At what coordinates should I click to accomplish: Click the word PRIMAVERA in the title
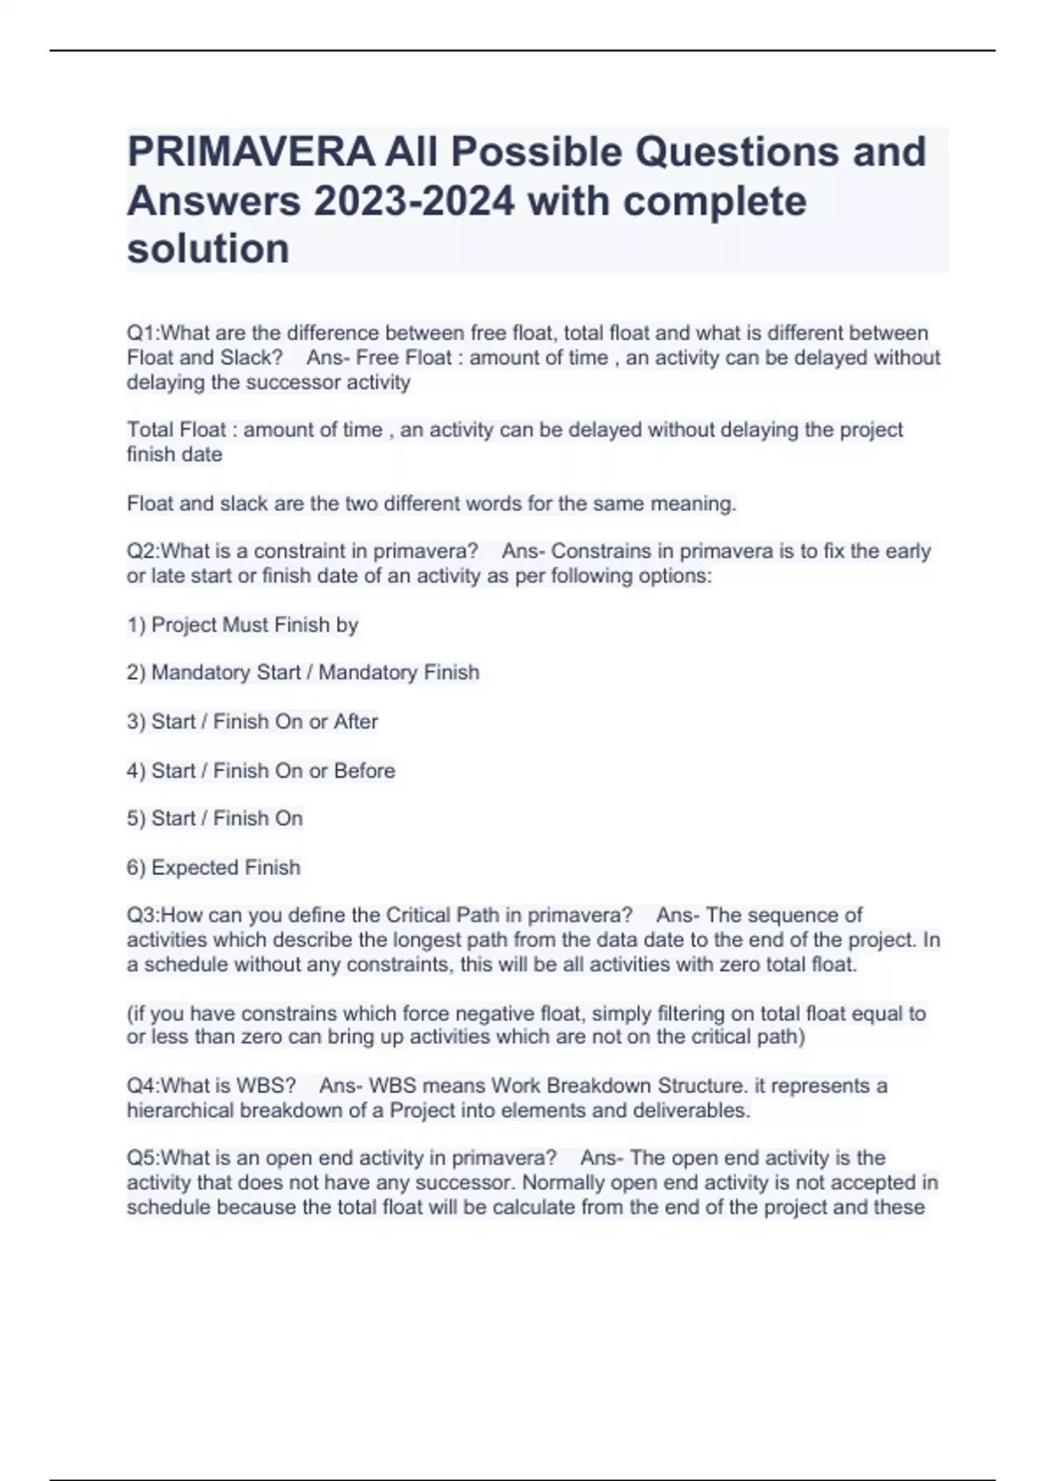(x=251, y=152)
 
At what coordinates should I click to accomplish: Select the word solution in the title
(x=208, y=249)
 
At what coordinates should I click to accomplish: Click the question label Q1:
(x=144, y=333)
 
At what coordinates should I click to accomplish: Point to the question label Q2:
(x=144, y=551)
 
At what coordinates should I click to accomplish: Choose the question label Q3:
(x=144, y=916)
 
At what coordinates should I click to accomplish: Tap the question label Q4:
(x=144, y=1085)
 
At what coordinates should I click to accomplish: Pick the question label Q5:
(x=144, y=1158)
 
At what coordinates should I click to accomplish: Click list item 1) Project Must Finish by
(x=242, y=625)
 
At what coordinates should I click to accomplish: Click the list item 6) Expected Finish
(x=214, y=868)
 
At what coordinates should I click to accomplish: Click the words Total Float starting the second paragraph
(x=176, y=430)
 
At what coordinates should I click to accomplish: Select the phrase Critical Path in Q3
(x=443, y=916)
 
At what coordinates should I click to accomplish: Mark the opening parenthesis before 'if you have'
(x=130, y=1014)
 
